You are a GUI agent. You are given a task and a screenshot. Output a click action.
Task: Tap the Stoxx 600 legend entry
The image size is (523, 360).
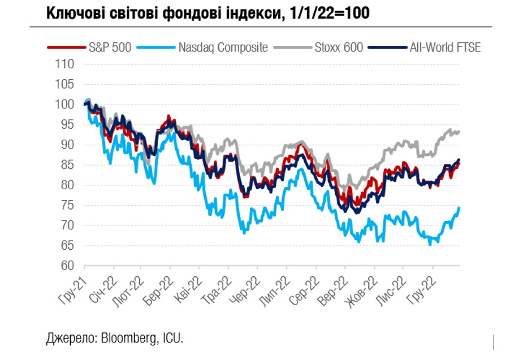point(338,47)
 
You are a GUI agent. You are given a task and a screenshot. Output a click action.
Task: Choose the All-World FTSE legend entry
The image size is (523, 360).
point(444,47)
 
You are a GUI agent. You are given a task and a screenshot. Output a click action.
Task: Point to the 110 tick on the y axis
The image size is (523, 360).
point(66,64)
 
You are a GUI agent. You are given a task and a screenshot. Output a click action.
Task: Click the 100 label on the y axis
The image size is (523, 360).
point(66,105)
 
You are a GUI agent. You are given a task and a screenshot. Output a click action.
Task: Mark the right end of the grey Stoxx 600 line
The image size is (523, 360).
point(459,132)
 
